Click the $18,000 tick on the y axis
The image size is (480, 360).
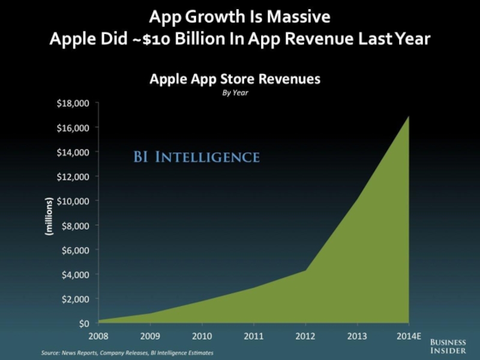point(73,103)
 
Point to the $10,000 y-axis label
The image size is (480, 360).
point(73,201)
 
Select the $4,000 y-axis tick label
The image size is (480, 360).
point(74,274)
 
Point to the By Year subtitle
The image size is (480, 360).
point(235,93)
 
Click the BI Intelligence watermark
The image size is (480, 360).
point(196,158)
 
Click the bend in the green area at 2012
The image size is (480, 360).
point(306,270)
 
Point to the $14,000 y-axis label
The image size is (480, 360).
point(73,152)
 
